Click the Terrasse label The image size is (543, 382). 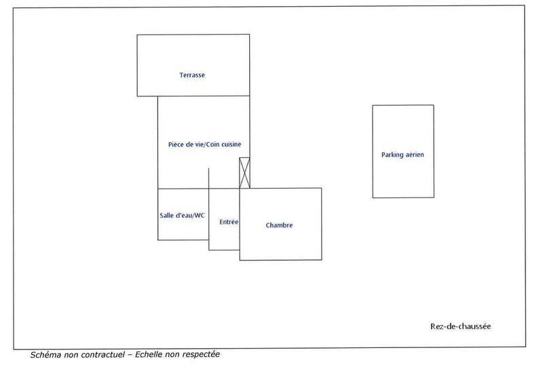click(192, 75)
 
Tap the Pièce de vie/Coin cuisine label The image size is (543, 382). click(205, 145)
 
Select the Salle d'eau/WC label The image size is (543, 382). click(182, 215)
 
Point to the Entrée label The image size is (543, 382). click(229, 222)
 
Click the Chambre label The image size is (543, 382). click(279, 225)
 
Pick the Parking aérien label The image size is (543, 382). click(402, 155)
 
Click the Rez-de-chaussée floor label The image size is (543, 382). click(461, 326)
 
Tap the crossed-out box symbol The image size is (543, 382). click(244, 173)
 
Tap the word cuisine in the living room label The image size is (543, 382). click(231, 145)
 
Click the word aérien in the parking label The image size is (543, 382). click(415, 155)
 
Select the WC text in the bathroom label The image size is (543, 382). click(199, 215)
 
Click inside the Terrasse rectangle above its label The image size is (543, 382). click(193, 52)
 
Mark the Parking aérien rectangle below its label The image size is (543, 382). click(403, 178)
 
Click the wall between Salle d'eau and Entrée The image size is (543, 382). click(209, 214)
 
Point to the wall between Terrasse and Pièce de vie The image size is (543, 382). click(204, 96)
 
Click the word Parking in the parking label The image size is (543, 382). click(392, 155)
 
